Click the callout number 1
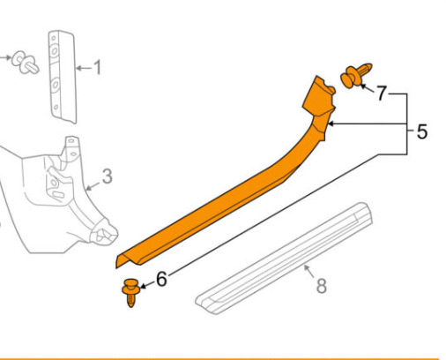click(x=97, y=67)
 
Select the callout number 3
click(x=108, y=176)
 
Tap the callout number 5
click(x=422, y=131)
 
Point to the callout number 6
click(x=161, y=279)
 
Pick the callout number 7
click(x=381, y=94)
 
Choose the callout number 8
click(x=322, y=286)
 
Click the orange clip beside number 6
click(x=131, y=293)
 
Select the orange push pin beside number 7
click(x=356, y=75)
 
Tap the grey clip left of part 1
click(x=25, y=63)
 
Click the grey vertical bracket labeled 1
click(x=63, y=77)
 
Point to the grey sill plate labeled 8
click(x=284, y=259)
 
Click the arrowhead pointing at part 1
click(x=78, y=68)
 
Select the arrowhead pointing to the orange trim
click(x=331, y=124)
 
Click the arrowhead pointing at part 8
click(x=307, y=267)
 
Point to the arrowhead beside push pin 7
click(x=363, y=86)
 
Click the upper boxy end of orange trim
click(x=319, y=94)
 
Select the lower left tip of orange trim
click(x=116, y=267)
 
